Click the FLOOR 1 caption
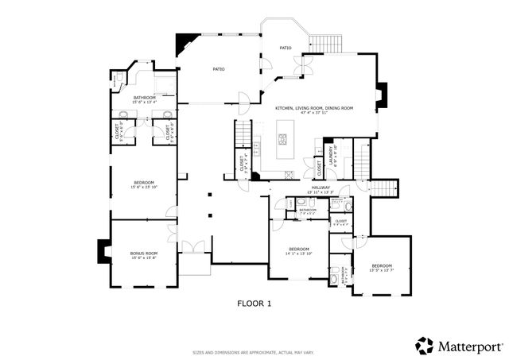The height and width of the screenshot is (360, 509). point(254,303)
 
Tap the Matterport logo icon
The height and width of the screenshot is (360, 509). point(425,346)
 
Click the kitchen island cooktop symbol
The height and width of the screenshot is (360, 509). point(282,140)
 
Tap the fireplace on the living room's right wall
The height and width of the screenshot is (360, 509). point(381,94)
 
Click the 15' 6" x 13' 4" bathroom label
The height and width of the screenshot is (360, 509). point(144,99)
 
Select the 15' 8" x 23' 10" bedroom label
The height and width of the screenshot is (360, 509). point(144,184)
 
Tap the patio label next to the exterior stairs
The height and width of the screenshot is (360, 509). point(285,48)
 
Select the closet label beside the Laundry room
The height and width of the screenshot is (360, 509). point(319,168)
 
